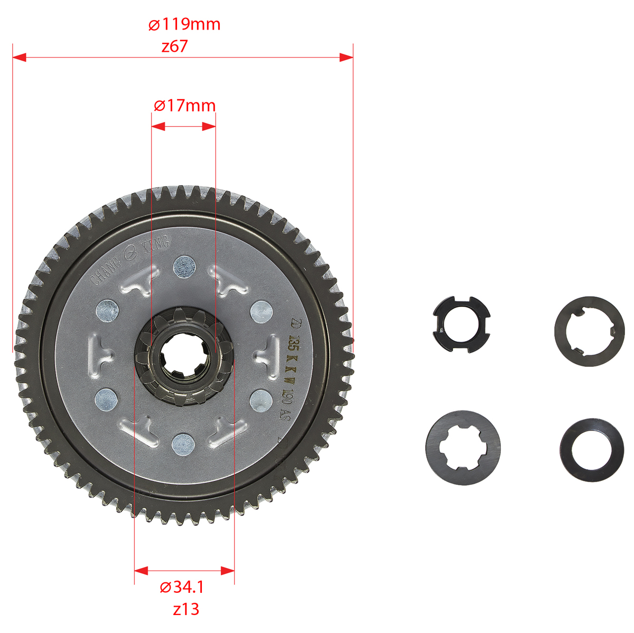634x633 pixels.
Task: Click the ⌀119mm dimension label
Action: tap(184, 24)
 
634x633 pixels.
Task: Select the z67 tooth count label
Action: tap(174, 46)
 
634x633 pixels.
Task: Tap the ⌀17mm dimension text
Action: tap(184, 106)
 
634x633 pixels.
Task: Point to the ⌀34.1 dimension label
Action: tap(182, 587)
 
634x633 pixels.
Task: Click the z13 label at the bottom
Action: tap(186, 609)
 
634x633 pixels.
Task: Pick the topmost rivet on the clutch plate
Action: tap(184, 267)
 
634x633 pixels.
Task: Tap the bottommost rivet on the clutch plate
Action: tap(183, 445)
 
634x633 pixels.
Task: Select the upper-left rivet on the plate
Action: tap(107, 310)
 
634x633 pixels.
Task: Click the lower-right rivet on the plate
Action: tap(261, 400)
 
